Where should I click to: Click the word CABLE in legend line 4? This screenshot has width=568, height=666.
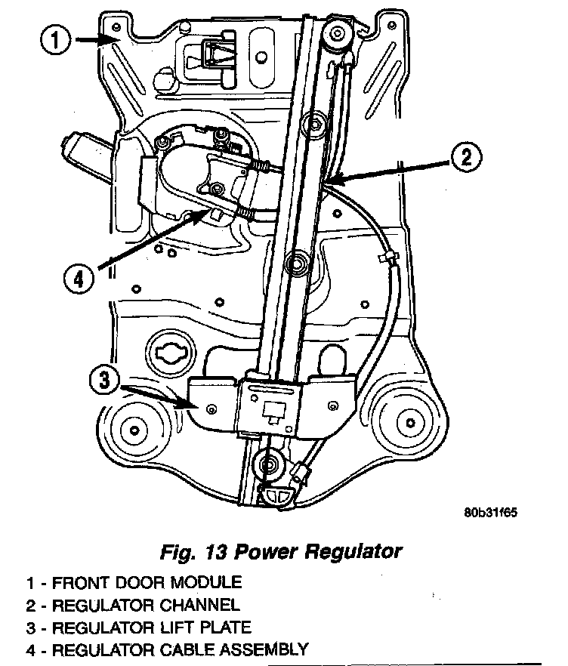(x=184, y=649)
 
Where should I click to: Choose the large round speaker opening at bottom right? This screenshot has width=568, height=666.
(x=408, y=421)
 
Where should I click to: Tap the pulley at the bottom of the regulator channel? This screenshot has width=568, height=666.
(x=267, y=463)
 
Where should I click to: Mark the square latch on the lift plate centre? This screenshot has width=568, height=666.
(x=274, y=410)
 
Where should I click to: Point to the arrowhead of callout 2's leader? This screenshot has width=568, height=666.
(x=329, y=182)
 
